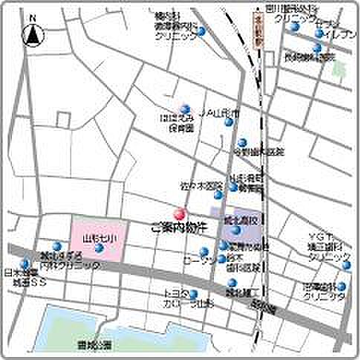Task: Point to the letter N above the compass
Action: coord(32,16)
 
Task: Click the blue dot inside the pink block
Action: coord(99,246)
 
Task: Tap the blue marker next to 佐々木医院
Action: coord(218,195)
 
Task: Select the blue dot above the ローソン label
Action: coord(204,251)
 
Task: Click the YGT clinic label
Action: coord(328,246)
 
